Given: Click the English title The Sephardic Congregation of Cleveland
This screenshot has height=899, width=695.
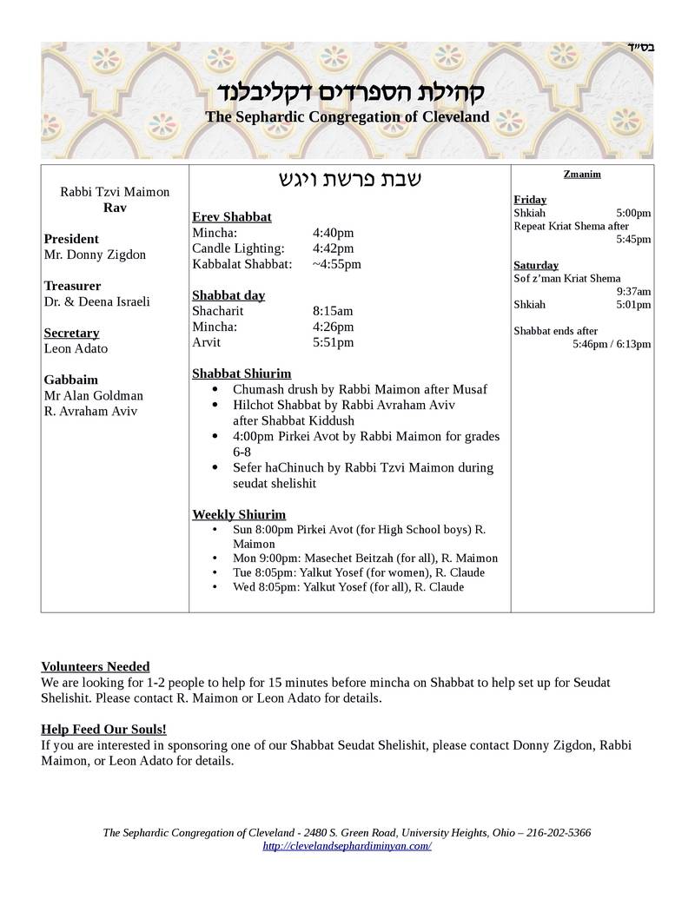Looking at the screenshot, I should [347, 116].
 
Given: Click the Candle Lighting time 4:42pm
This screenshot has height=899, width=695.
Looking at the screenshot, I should [333, 248].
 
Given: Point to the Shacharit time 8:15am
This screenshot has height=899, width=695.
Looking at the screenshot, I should [333, 311].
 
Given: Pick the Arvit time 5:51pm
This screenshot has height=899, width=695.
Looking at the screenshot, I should [333, 342].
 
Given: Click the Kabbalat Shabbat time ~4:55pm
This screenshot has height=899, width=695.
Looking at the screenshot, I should [336, 264].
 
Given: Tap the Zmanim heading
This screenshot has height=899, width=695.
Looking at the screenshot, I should [582, 174].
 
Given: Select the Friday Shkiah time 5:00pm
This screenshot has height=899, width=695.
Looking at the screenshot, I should [633, 213].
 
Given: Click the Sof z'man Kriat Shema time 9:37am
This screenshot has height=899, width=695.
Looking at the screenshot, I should [633, 292].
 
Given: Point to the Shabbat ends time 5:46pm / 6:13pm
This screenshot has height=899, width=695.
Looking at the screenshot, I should [612, 344].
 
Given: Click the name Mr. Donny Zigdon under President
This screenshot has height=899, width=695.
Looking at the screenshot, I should [95, 254].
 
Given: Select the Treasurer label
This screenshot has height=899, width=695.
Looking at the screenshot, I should [72, 286].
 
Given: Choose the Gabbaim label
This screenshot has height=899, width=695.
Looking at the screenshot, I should [70, 380].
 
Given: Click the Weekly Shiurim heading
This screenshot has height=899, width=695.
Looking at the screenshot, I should [239, 514].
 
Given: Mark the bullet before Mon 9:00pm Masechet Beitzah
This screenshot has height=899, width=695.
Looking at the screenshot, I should [215, 559].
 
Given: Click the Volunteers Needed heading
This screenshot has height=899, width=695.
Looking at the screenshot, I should [96, 666].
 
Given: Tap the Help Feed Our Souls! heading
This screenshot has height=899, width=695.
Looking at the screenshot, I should [103, 730].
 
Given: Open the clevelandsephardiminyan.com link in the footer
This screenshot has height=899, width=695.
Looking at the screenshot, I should [347, 846].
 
